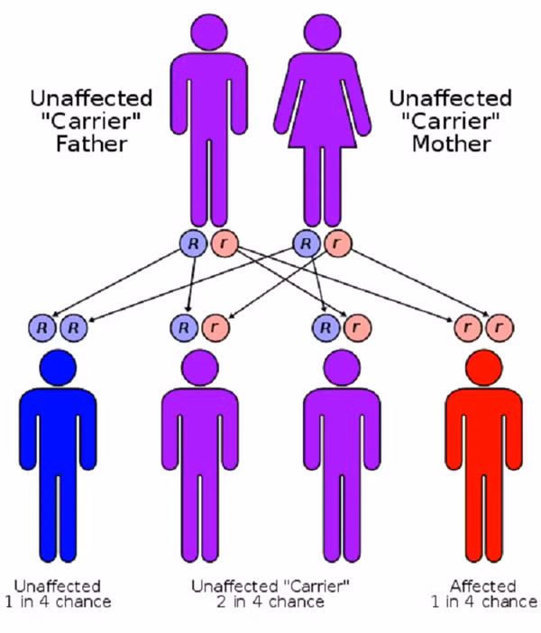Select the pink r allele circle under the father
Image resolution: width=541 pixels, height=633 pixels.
pyautogui.click(x=221, y=243)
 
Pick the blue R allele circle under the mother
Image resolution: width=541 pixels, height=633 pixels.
pyautogui.click(x=307, y=243)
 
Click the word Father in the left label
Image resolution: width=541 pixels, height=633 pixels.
pyautogui.click(x=90, y=143)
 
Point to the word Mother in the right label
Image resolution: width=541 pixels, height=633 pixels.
pyautogui.click(x=451, y=143)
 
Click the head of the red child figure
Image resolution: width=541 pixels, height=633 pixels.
pyautogui.click(x=483, y=370)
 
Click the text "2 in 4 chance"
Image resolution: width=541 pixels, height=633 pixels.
pyautogui.click(x=270, y=601)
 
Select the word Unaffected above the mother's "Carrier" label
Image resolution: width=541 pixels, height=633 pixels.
pyautogui.click(x=450, y=98)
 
